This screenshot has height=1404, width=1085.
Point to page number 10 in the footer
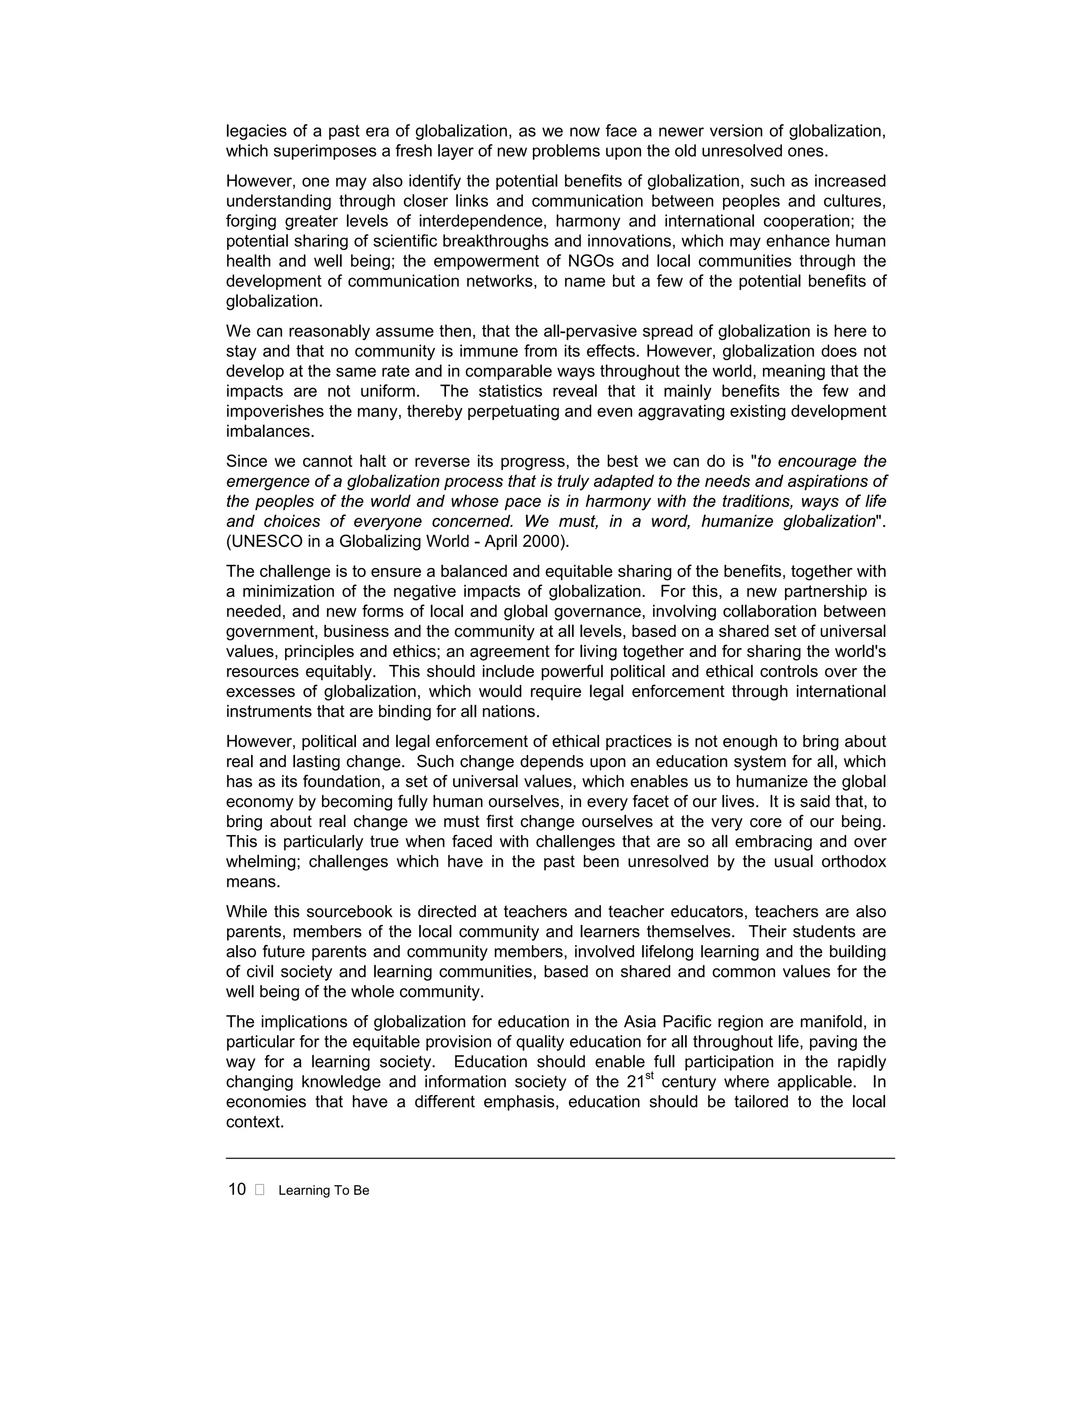point(237,1190)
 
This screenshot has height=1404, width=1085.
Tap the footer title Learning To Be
point(324,1190)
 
